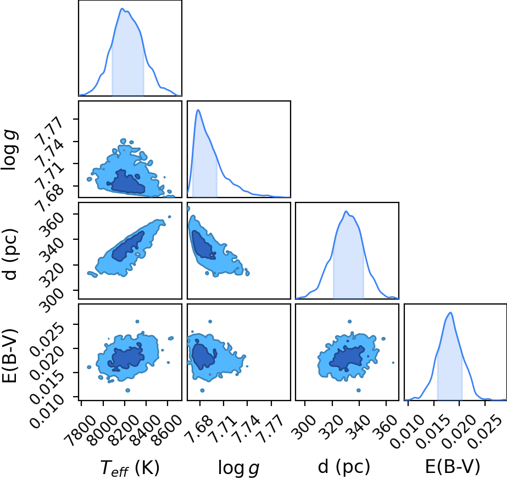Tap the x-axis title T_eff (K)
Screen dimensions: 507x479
(x=130, y=467)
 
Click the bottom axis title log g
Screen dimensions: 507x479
(x=238, y=467)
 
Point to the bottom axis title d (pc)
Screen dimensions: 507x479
(x=344, y=467)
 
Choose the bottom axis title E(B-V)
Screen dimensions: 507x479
(x=453, y=467)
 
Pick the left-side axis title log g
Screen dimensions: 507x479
(x=10, y=150)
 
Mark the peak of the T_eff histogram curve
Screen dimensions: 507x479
(x=122, y=8)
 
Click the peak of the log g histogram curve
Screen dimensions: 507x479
(x=198, y=110)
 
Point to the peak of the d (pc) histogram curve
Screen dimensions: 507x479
(x=346, y=211)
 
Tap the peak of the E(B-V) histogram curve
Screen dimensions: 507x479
(x=450, y=312)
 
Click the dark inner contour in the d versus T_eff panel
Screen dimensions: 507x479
(x=127, y=247)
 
